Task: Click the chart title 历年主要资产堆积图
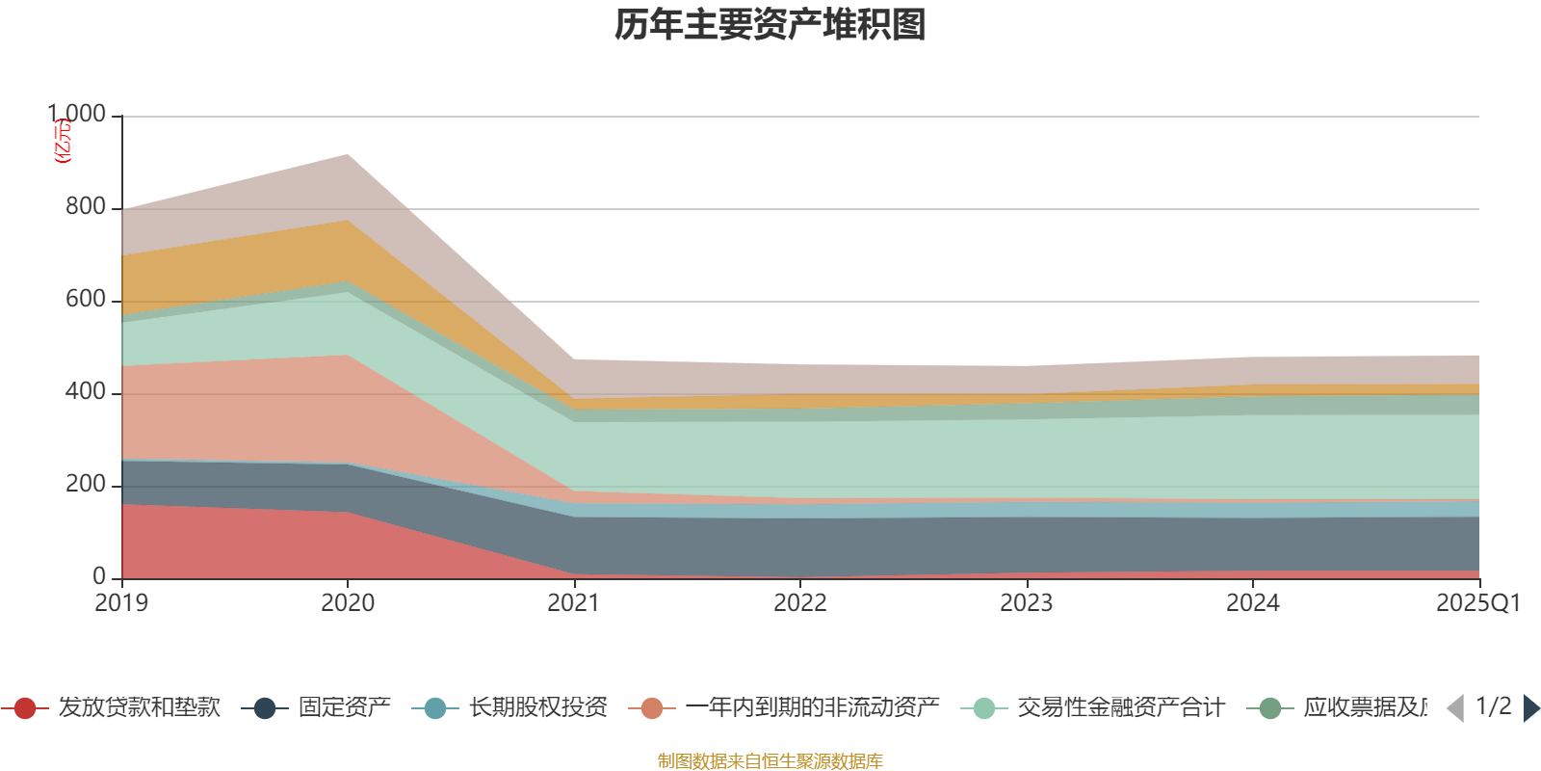coord(770,26)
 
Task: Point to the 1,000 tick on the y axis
coord(77,115)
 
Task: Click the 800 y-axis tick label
coord(85,207)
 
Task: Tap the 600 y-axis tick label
coord(85,300)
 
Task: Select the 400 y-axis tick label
coord(85,392)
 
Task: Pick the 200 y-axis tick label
coord(85,485)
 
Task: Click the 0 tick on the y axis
coord(99,577)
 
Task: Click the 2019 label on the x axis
coord(121,603)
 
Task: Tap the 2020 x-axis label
coord(348,603)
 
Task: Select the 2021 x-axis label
coord(574,603)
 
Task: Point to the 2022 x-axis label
coord(800,603)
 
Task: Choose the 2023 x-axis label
coord(1027,603)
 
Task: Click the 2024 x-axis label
coord(1253,603)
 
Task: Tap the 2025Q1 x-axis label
coord(1477,603)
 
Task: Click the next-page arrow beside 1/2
coord(1531,708)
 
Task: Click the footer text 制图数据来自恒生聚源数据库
coord(770,761)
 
